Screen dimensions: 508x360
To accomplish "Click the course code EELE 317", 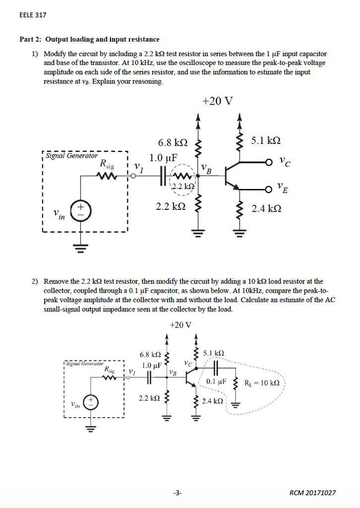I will (x=33, y=15).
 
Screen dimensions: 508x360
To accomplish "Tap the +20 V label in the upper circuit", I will (x=217, y=101).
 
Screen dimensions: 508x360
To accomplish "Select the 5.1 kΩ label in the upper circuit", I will (x=265, y=140).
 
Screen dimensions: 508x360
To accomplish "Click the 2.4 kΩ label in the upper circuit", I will (x=266, y=209).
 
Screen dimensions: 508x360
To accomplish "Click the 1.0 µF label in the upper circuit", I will (x=164, y=159).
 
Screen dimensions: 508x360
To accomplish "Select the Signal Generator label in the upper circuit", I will (x=72, y=155).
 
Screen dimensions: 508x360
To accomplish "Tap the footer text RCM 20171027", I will (x=312, y=493).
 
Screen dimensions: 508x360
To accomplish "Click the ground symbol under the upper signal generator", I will (x=80, y=246).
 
